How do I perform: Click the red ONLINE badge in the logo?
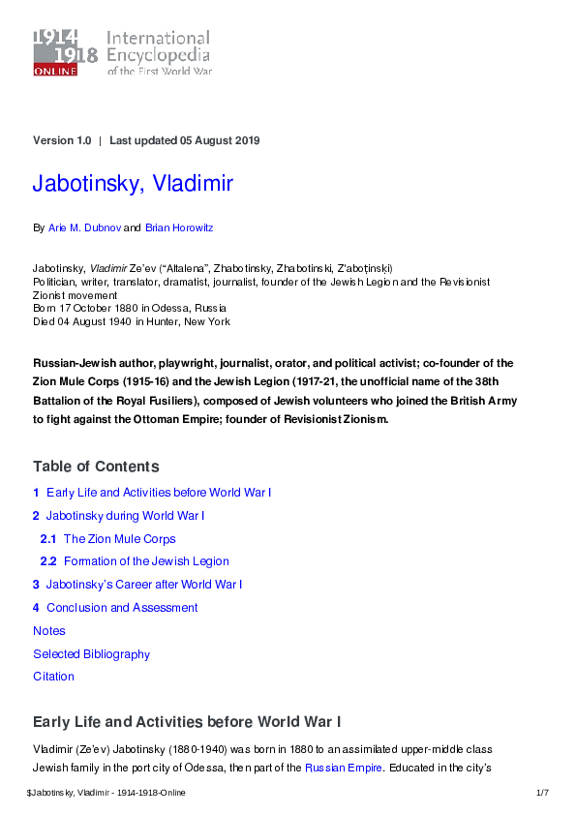tap(55, 71)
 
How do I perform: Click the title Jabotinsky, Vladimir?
tap(133, 184)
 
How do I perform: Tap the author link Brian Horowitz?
tap(179, 228)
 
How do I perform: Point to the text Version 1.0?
tap(62, 140)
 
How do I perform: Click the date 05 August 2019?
tap(220, 140)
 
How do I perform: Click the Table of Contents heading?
tap(96, 467)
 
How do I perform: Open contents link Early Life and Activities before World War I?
tap(159, 493)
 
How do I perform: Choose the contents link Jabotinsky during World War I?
tap(125, 516)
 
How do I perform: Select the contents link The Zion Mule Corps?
tap(119, 539)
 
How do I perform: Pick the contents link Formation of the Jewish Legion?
tap(146, 561)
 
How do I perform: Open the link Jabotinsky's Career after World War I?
tap(144, 585)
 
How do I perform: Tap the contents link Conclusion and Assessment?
tap(122, 608)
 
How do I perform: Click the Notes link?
tap(49, 631)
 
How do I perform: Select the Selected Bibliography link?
tap(92, 654)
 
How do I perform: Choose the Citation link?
tap(53, 677)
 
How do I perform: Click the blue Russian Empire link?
tap(344, 769)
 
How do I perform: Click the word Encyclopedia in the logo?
tap(158, 55)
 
